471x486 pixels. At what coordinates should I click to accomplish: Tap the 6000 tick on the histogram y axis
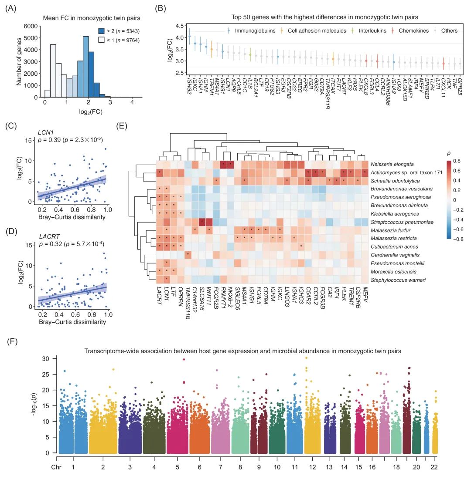[32, 27]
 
